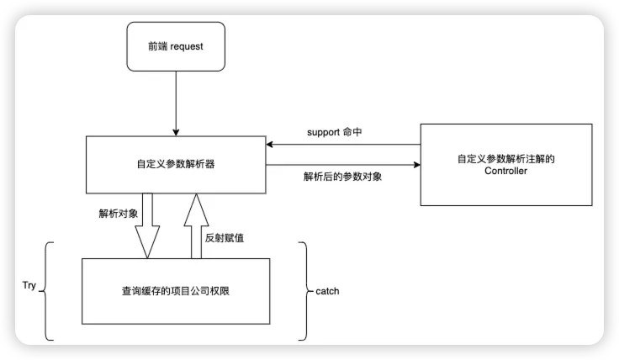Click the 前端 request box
[x=176, y=47]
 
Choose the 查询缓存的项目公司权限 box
[x=176, y=290]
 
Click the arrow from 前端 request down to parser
[x=176, y=103]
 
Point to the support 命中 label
[x=333, y=133]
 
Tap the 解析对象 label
[x=118, y=213]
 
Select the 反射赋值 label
[x=225, y=237]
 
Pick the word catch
[x=327, y=291]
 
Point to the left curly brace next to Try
[x=46, y=291]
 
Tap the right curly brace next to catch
[x=304, y=291]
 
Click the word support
[x=321, y=133]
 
